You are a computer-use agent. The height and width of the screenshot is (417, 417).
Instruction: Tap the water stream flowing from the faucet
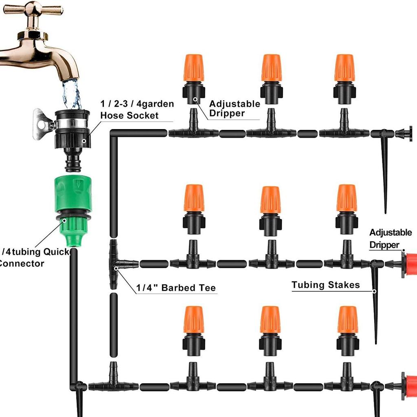[72, 94]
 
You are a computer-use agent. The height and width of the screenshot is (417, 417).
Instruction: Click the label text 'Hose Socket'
[129, 115]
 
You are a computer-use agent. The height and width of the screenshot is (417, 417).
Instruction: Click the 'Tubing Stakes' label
[325, 285]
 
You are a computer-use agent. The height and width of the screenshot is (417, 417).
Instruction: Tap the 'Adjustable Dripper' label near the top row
[235, 108]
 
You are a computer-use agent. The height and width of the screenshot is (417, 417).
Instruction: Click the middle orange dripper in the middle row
[270, 200]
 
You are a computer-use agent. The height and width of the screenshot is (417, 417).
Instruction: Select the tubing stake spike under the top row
[385, 175]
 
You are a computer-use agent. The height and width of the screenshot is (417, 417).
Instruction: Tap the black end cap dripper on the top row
[406, 133]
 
